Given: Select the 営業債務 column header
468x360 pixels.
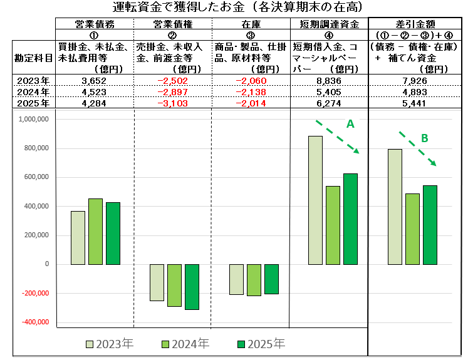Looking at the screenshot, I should click(x=95, y=23).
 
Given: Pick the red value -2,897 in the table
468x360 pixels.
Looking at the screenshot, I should click(x=173, y=91).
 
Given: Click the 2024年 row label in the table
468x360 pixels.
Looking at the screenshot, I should click(x=33, y=91).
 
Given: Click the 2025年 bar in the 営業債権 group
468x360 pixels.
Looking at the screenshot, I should click(x=191, y=287).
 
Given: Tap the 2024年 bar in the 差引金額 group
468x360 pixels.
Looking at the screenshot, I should click(x=413, y=229).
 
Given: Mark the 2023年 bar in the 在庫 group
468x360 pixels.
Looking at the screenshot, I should click(x=236, y=279).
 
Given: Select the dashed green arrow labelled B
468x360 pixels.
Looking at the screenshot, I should click(x=417, y=149).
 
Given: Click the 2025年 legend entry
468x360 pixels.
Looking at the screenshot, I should click(x=261, y=344).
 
